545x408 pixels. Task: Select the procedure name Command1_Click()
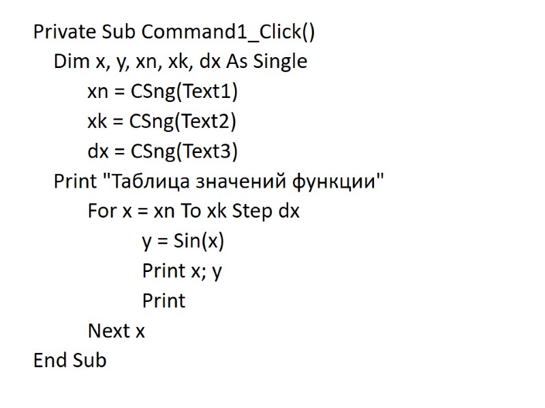228,32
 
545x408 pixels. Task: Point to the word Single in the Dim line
280,62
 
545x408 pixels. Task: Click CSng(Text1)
184,92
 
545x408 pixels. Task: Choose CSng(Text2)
184,122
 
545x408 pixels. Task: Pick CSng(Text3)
184,152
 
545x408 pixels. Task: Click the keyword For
102,211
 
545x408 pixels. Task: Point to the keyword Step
252,211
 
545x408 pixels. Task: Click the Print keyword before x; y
163,271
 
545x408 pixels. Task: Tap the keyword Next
108,331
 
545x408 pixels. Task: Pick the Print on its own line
163,301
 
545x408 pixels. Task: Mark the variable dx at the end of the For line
288,211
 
